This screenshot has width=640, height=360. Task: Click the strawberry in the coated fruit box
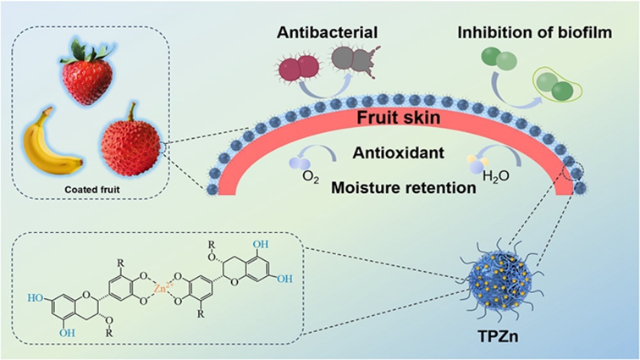pyautogui.click(x=87, y=74)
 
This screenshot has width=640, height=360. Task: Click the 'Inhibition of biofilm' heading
pyautogui.click(x=518, y=35)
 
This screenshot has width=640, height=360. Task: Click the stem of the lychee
pyautogui.click(x=134, y=108)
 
